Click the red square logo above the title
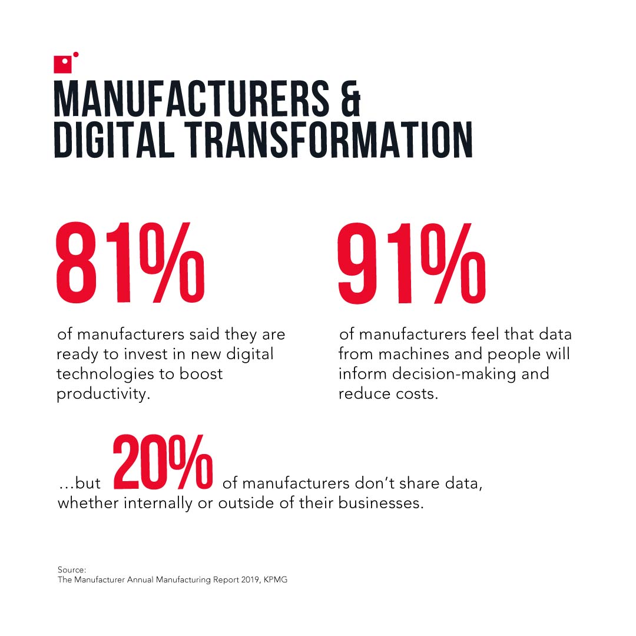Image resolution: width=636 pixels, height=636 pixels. pyautogui.click(x=62, y=64)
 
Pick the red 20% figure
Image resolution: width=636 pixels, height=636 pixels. pyautogui.click(x=163, y=463)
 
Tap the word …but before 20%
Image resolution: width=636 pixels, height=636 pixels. pyautogui.click(x=79, y=484)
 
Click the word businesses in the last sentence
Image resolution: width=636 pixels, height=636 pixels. pyautogui.click(x=381, y=505)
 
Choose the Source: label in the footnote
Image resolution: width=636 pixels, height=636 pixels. pyautogui.click(x=72, y=569)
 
